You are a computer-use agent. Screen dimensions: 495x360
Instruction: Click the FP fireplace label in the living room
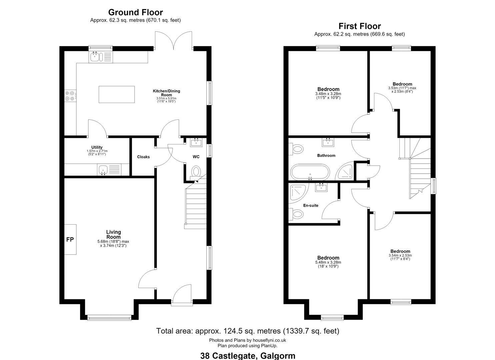click(70, 239)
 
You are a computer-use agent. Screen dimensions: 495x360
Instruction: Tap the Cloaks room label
click(143, 157)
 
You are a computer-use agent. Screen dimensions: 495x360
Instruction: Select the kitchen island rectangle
click(117, 94)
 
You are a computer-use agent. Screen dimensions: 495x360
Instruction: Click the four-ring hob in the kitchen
click(70, 96)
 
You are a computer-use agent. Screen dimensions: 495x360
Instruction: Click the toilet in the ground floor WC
click(196, 172)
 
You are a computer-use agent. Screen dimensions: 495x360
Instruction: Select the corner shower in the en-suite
click(298, 194)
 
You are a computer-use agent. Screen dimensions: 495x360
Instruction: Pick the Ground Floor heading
click(135, 12)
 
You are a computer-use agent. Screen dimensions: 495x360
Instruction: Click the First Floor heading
click(360, 26)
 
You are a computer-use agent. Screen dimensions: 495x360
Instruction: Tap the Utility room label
click(97, 147)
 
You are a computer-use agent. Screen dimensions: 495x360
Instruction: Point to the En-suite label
click(311, 206)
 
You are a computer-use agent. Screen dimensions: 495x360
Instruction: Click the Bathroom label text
click(326, 156)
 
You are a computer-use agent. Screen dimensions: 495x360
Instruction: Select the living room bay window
click(109, 318)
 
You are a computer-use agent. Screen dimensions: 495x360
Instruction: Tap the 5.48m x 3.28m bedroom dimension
click(328, 262)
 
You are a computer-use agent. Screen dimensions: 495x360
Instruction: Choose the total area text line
click(247, 331)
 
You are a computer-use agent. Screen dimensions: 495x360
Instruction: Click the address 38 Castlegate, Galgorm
click(248, 356)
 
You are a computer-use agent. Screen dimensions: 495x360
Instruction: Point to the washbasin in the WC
click(196, 142)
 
